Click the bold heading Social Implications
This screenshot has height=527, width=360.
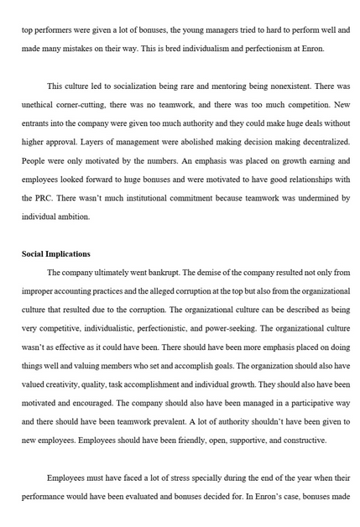[x=56, y=254]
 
